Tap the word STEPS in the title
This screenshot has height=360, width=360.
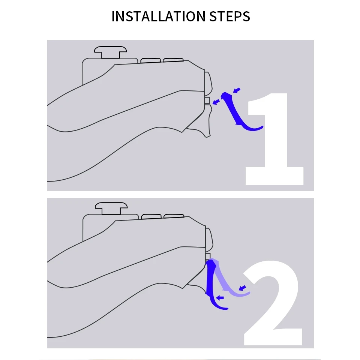pyautogui.click(x=229, y=16)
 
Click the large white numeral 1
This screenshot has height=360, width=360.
pyautogui.click(x=274, y=139)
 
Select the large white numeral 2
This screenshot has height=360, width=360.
pyautogui.click(x=273, y=303)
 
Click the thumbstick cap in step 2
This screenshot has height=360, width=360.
pyautogui.click(x=111, y=208)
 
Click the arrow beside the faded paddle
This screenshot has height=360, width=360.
pyautogui.click(x=243, y=288)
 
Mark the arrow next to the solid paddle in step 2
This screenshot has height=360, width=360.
pyautogui.click(x=220, y=298)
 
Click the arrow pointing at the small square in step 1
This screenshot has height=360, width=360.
pyautogui.click(x=216, y=102)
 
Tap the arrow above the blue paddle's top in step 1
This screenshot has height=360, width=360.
pyautogui.click(x=237, y=90)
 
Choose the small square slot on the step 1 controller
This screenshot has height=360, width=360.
pyautogui.click(x=207, y=100)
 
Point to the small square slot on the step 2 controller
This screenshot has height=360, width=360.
pyautogui.click(x=208, y=256)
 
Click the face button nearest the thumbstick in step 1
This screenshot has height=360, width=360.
pyautogui.click(x=150, y=61)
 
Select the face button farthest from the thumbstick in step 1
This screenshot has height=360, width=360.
pyautogui.click(x=173, y=60)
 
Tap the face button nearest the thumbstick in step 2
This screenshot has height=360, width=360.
pyautogui.click(x=151, y=216)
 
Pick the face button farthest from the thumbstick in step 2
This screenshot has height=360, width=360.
pyautogui.click(x=174, y=216)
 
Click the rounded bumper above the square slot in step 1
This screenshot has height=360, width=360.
pyautogui.click(x=208, y=84)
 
